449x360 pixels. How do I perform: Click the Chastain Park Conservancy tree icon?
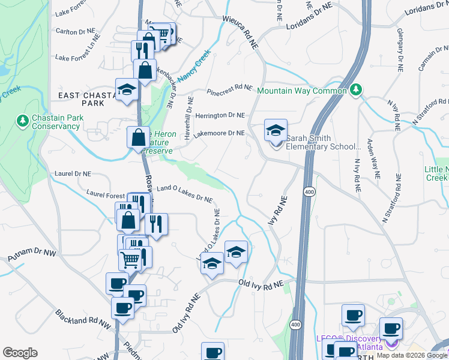pos(23,121)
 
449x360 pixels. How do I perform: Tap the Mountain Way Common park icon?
pos(357,90)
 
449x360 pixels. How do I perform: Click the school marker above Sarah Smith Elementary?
pos(276,130)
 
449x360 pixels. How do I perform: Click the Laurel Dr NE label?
pos(72,173)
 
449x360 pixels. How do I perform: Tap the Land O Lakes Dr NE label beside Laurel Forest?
pos(184,193)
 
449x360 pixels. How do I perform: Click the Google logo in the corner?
pos(20,353)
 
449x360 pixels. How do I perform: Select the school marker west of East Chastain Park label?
pos(127,91)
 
